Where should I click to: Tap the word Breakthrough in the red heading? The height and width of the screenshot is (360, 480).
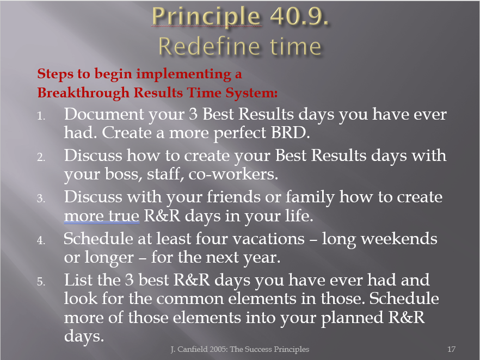click(x=83, y=92)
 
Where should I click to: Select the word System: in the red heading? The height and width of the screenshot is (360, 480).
click(x=251, y=93)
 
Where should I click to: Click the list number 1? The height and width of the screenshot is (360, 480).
click(x=41, y=116)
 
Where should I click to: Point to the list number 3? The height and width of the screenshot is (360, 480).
click(x=41, y=199)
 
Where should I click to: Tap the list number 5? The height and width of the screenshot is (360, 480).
click(x=41, y=281)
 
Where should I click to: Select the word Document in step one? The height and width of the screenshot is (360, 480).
click(x=104, y=114)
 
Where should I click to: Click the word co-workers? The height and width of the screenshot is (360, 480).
click(x=233, y=174)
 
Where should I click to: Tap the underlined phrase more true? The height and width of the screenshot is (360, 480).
click(x=102, y=216)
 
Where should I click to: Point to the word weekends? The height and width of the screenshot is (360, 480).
click(x=399, y=239)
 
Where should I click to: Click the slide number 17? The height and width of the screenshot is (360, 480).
click(x=451, y=349)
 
